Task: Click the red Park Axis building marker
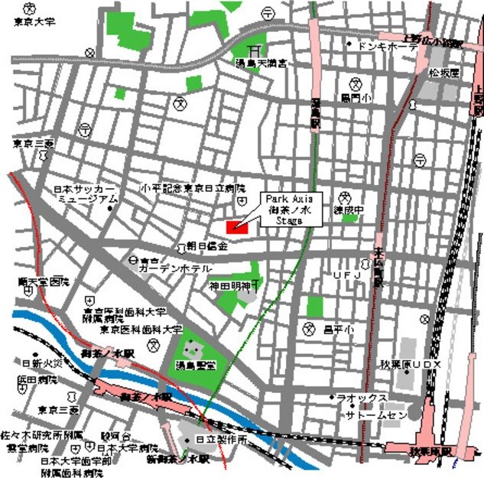236,226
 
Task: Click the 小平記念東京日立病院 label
193,187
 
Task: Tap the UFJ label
346,275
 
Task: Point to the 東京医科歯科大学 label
141,330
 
